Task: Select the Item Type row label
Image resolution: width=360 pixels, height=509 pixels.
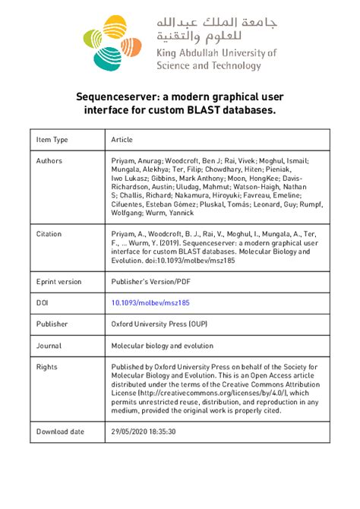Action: point(52,140)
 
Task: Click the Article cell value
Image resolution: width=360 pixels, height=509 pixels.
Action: point(122,140)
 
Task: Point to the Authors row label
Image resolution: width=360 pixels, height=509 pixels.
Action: point(49,161)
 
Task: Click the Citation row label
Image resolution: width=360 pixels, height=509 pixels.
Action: point(49,234)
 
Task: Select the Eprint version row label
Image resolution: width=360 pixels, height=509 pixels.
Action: point(59,281)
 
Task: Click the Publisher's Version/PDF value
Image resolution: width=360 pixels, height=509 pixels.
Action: point(151,281)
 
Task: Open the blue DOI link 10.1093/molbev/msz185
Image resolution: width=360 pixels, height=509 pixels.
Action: point(150,302)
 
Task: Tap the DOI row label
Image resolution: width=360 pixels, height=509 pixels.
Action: point(43,302)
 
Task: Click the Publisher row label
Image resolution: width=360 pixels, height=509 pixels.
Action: point(52,324)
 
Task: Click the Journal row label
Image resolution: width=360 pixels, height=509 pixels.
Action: point(49,345)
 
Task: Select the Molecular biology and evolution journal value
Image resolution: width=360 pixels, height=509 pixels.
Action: point(163,345)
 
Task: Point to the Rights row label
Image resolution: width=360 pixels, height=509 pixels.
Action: point(47,366)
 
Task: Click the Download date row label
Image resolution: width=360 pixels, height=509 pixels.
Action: point(60,431)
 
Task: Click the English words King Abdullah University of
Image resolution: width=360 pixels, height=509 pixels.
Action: point(216,54)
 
